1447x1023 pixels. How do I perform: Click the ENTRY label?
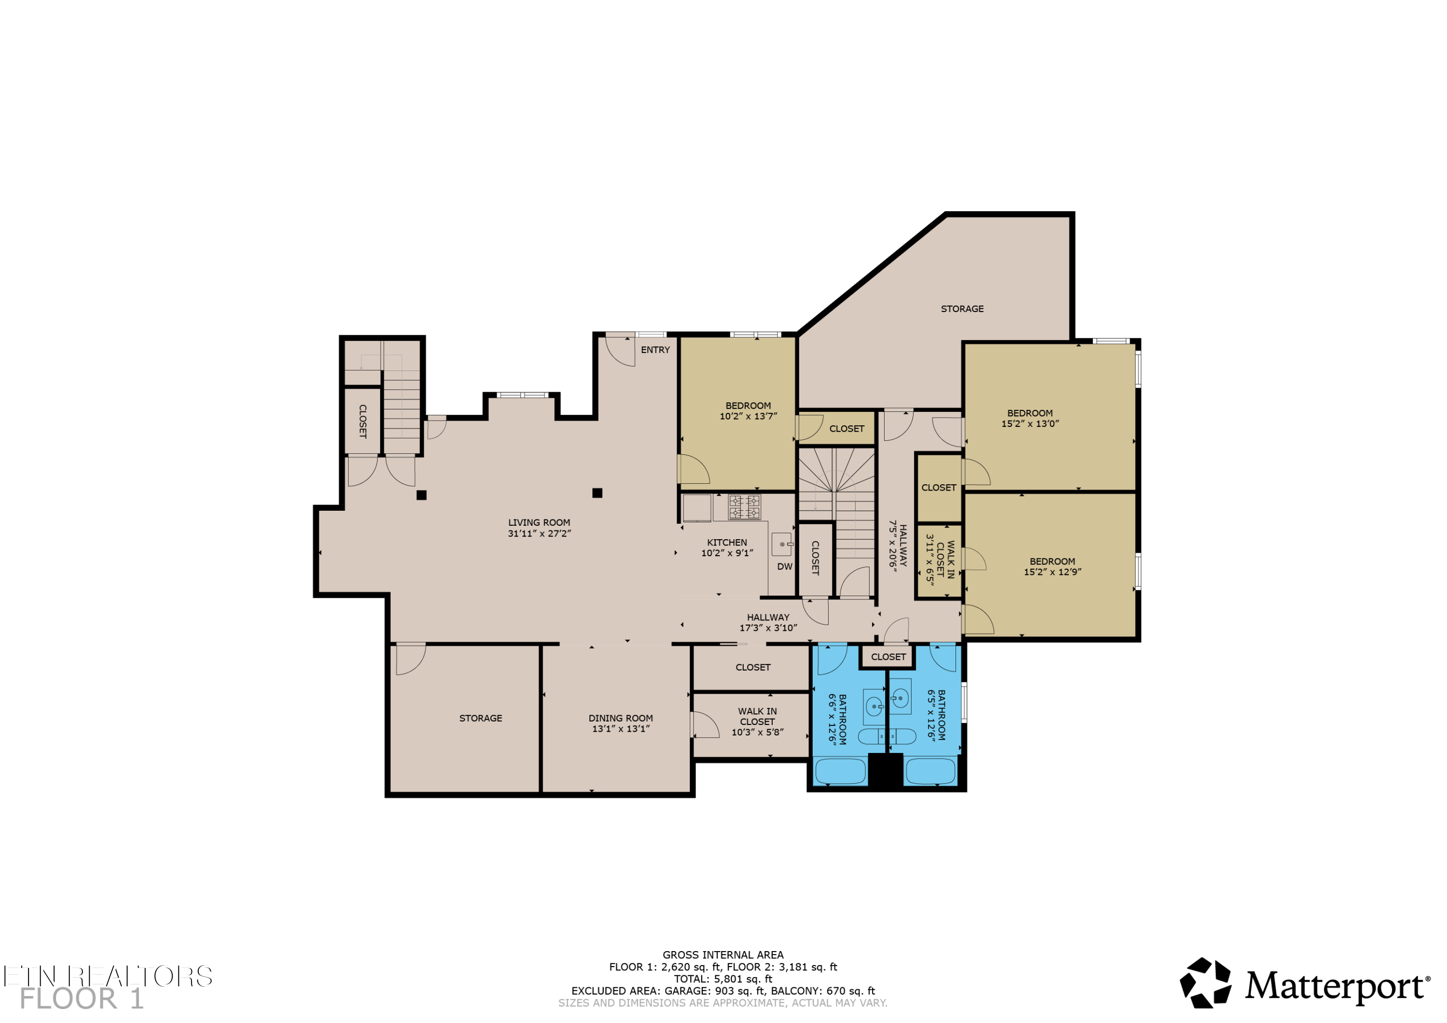[655, 350]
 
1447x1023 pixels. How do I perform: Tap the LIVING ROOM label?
[539, 522]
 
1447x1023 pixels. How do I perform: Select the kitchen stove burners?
[744, 507]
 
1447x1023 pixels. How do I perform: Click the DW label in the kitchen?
[785, 567]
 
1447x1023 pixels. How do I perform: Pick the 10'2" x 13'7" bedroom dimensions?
[748, 417]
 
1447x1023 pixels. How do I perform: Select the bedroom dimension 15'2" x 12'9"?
[1052, 573]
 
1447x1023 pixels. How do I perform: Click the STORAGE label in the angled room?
[962, 309]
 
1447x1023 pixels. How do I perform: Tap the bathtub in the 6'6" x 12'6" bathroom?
[841, 772]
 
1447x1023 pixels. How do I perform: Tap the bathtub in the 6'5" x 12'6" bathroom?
[930, 772]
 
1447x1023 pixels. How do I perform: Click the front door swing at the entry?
[620, 352]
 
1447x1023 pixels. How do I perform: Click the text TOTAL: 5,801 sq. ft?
[723, 979]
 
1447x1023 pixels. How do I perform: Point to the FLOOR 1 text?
[82, 999]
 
